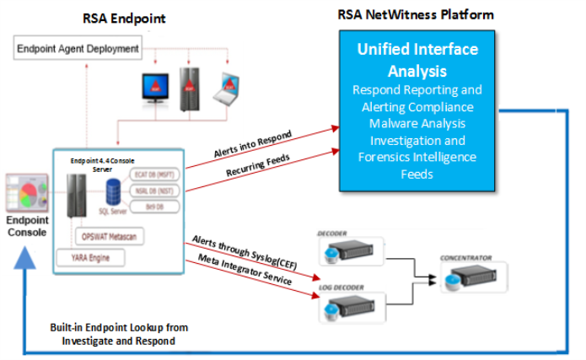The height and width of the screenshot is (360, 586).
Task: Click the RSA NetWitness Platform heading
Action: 416,14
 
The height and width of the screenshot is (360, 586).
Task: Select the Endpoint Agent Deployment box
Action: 78,49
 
